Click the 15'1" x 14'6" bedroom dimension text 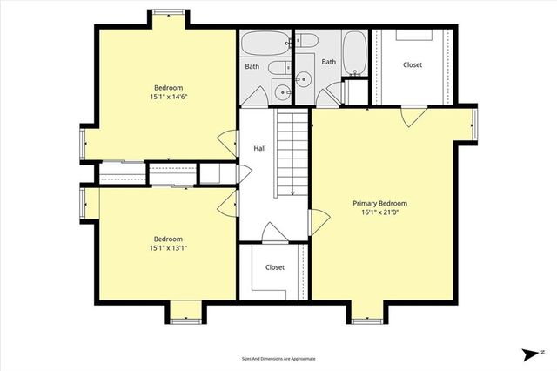[x=167, y=97]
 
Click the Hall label [x=259, y=149]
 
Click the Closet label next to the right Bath [x=413, y=65]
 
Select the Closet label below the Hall [x=275, y=267]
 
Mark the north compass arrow [x=528, y=354]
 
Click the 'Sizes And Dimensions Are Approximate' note [x=278, y=358]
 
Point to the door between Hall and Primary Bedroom [x=318, y=223]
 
